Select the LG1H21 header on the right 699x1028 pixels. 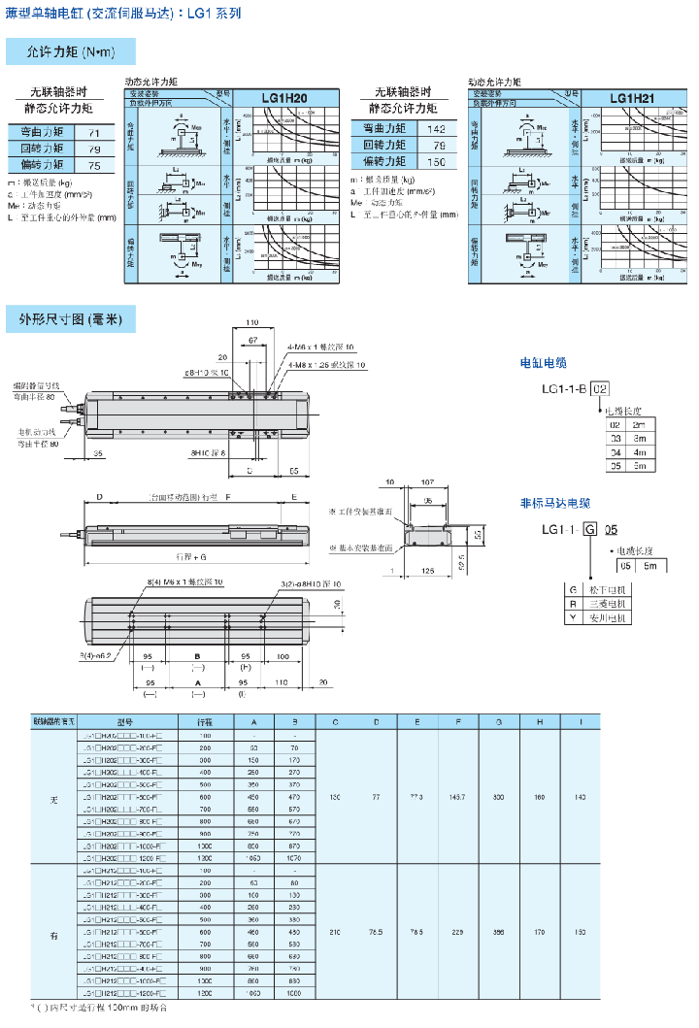click(632, 98)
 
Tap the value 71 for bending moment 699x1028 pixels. click(94, 132)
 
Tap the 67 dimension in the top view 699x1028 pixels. click(252, 342)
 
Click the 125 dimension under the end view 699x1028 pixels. click(428, 572)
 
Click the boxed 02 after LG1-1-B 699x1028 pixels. click(601, 389)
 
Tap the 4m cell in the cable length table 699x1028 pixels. click(638, 451)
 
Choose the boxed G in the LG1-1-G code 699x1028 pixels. click(590, 530)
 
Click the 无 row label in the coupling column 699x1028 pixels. click(53, 797)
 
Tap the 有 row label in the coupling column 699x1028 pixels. click(53, 935)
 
